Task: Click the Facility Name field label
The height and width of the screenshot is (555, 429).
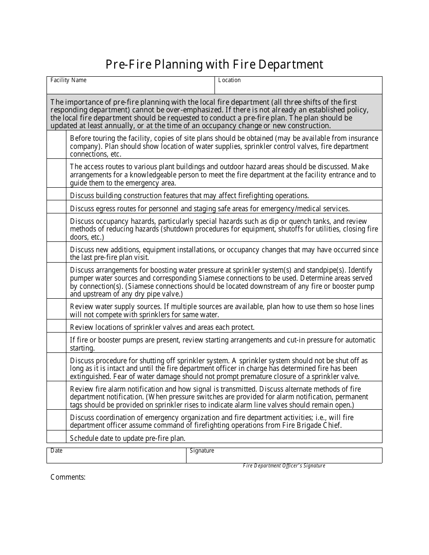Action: click(68, 80)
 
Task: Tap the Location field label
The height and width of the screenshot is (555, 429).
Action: click(229, 80)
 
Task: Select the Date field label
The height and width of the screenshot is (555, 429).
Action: click(56, 450)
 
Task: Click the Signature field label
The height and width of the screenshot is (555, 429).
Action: click(202, 450)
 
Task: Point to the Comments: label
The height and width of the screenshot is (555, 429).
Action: click(68, 477)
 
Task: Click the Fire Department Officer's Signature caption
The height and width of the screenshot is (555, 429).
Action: click(284, 466)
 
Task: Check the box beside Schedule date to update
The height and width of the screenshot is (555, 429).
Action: click(56, 437)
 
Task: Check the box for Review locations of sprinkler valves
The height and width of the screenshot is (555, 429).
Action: click(56, 326)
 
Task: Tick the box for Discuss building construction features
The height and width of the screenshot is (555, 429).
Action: click(56, 194)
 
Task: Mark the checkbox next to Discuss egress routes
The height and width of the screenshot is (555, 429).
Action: click(56, 207)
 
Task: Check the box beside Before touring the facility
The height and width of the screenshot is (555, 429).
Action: click(56, 145)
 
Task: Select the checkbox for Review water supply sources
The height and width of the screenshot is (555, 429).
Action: click(56, 309)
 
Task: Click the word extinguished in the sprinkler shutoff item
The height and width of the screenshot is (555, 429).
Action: click(90, 376)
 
